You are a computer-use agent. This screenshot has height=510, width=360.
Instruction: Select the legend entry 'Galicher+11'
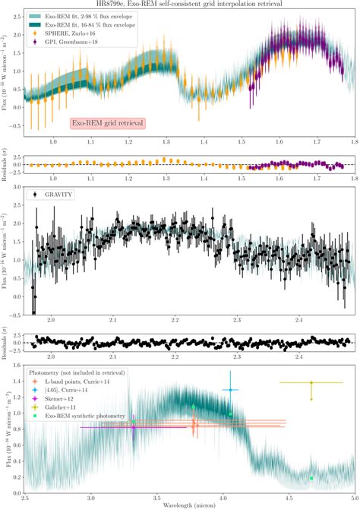pyautogui.click(x=61, y=408)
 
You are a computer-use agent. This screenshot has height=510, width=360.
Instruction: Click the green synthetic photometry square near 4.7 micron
pyautogui.click(x=311, y=478)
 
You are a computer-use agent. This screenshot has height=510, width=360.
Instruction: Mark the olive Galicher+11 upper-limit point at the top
pyautogui.click(x=311, y=383)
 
